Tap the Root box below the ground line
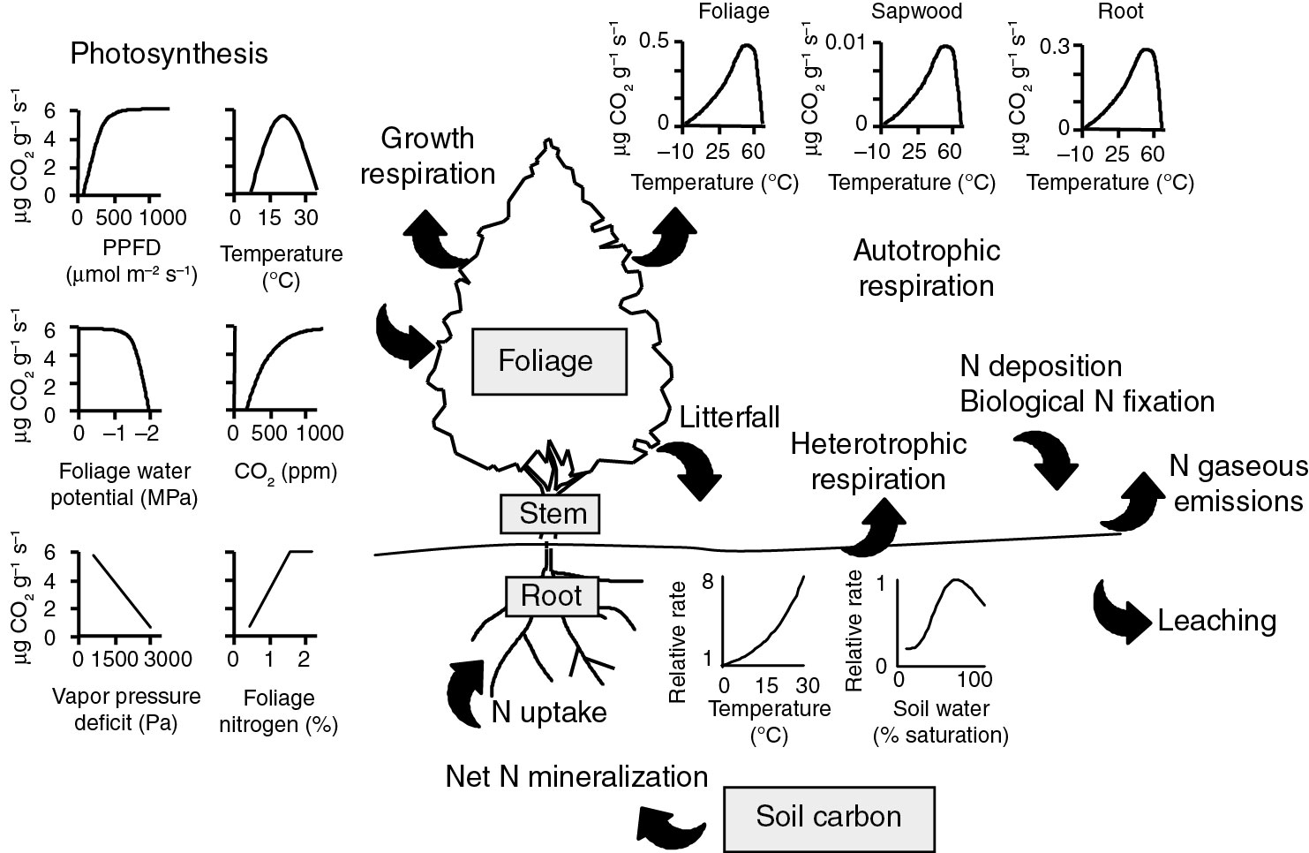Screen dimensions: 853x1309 pos(552,595)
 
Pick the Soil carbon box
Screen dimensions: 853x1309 pos(829,816)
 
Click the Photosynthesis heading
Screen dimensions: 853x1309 pos(169,54)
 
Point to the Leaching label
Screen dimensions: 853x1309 pos(1216,621)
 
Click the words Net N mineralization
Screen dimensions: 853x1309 pos(576,776)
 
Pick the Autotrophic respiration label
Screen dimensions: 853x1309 pos(926,268)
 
